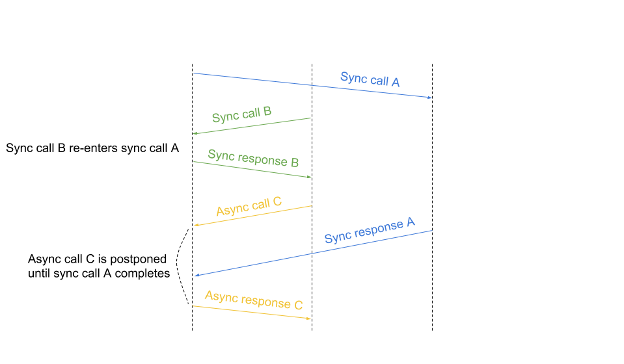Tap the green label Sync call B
tap(241, 115)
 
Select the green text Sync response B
tap(253, 158)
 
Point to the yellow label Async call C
tap(249, 207)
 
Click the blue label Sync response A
tap(369, 231)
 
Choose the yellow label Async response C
tap(254, 300)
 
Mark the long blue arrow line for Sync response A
tap(312, 253)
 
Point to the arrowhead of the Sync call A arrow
tap(429, 97)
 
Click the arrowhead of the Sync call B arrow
tap(195, 133)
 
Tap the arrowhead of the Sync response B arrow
tap(310, 176)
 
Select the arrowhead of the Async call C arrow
tap(196, 225)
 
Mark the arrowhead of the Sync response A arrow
tap(197, 276)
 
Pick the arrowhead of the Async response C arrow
tap(309, 318)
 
